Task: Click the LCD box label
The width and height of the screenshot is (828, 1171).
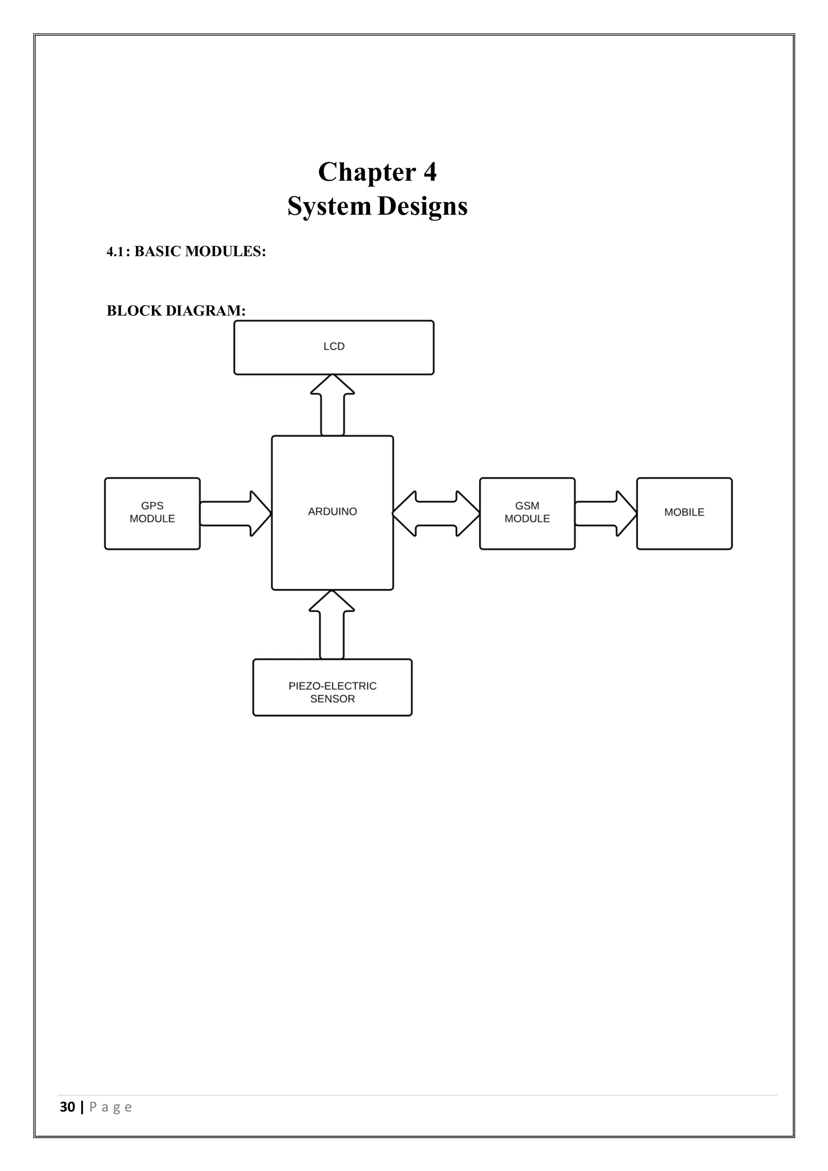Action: [334, 346]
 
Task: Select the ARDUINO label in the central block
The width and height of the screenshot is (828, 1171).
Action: [332, 512]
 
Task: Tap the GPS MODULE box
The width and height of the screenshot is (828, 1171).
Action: [152, 513]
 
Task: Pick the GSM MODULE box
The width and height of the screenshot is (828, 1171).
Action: [527, 513]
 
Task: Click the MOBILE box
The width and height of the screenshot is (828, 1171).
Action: [684, 513]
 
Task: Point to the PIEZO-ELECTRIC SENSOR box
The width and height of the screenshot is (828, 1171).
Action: [332, 687]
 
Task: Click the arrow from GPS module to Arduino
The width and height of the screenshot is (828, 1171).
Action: [234, 514]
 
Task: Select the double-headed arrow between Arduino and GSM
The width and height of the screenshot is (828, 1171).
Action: [436, 514]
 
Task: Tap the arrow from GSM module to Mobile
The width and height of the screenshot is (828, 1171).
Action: [605, 514]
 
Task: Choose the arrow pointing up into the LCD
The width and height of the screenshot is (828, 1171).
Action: [332, 406]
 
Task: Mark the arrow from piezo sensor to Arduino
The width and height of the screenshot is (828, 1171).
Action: [332, 625]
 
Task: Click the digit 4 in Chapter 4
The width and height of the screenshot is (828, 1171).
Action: [430, 172]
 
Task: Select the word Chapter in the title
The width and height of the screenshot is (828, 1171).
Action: [367, 172]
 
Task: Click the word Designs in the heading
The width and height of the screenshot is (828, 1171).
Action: [422, 207]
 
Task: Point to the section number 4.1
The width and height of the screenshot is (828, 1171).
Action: [116, 252]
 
